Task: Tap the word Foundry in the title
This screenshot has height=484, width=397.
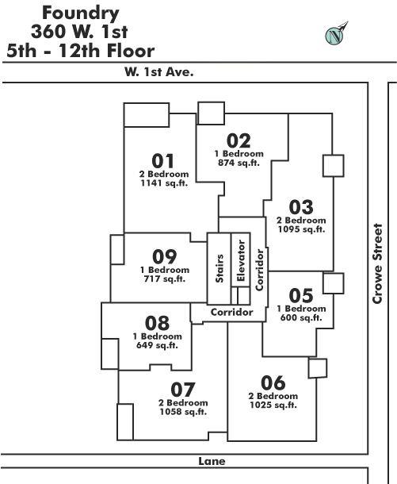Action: coord(81,14)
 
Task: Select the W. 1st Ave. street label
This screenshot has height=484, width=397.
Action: coord(159,72)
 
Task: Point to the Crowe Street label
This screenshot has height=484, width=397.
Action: coord(377,263)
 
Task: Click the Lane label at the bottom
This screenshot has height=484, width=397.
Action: coord(212,461)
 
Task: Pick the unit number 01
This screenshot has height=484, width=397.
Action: coord(163,161)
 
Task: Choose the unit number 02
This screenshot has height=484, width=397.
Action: coord(239,140)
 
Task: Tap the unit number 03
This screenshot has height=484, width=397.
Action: coord(301,207)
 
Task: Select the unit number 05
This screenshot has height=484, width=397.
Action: coord(301,295)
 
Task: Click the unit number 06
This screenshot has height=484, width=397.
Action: coord(273,382)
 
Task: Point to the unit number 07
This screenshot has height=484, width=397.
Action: coord(183,390)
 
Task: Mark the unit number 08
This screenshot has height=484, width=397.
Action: coord(157,323)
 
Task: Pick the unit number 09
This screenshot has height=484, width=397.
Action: coord(165,256)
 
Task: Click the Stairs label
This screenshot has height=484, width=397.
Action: coord(219,268)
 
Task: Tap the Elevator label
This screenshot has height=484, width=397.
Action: coord(241,260)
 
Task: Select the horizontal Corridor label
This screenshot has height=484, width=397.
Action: coord(232,312)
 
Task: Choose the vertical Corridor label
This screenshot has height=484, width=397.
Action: coord(260,270)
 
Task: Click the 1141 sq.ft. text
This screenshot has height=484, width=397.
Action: coord(164,183)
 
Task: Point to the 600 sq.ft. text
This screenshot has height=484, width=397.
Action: coord(301,317)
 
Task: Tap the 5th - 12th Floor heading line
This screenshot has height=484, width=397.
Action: coord(81,51)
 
